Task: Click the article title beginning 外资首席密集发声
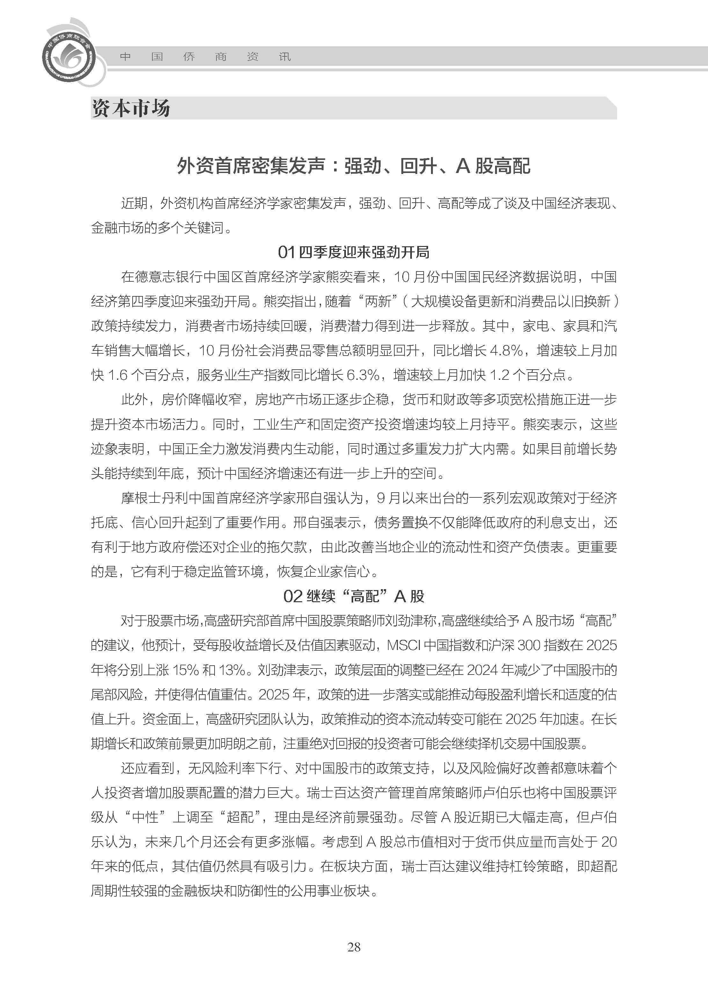pyautogui.click(x=354, y=166)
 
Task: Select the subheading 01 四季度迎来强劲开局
pyautogui.click(x=354, y=252)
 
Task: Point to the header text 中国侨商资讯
pyautogui.click(x=205, y=57)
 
